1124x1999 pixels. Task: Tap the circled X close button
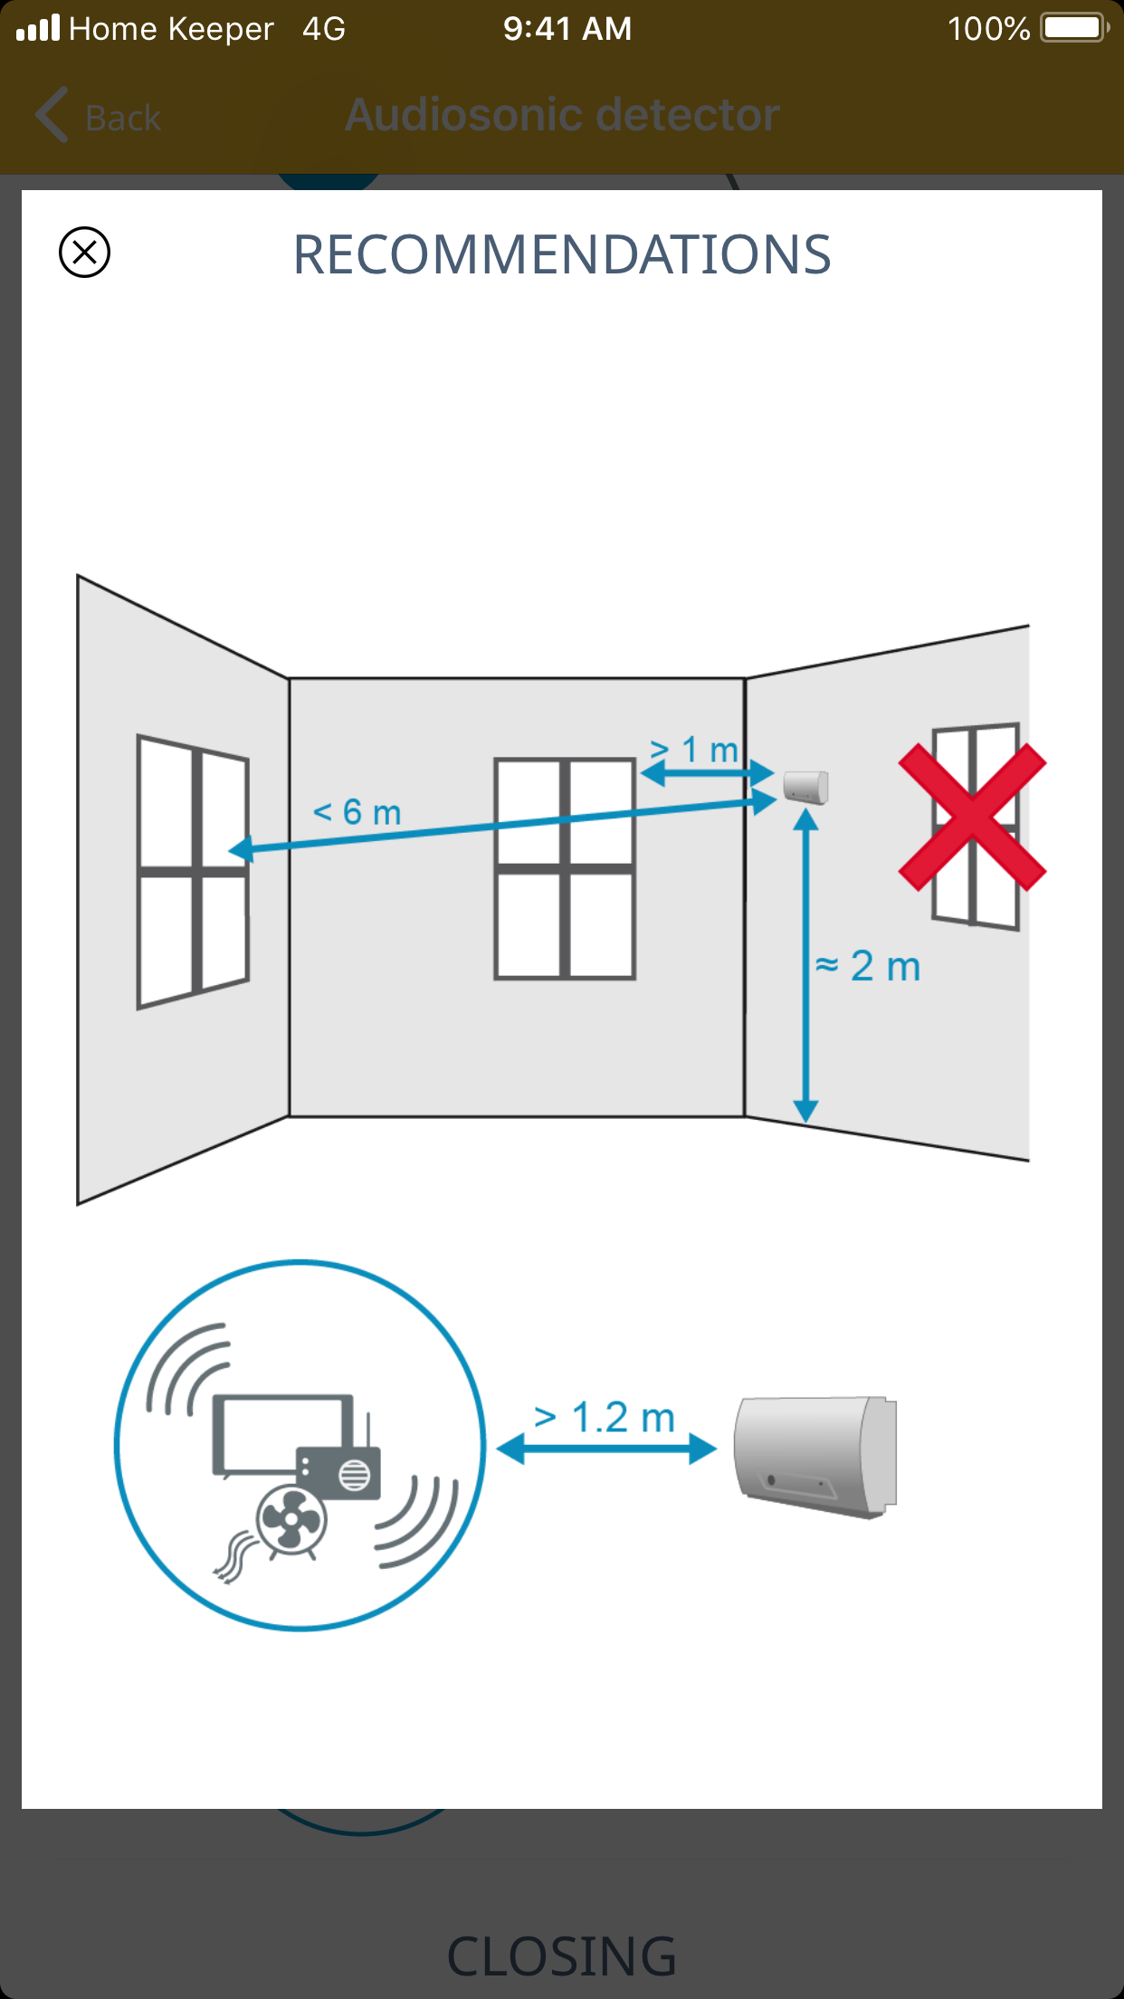tap(84, 252)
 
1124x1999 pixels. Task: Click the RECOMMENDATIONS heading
tap(561, 254)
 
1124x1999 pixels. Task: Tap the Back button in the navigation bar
tap(99, 116)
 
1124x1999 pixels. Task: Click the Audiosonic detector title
tap(562, 115)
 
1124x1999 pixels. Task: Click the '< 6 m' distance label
tap(357, 812)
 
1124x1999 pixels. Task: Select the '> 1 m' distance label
tap(694, 750)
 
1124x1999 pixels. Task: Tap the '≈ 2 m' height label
tap(868, 966)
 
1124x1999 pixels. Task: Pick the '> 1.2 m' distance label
tap(605, 1418)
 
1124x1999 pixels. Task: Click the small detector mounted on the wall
tap(805, 786)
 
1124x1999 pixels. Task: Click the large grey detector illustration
tap(815, 1456)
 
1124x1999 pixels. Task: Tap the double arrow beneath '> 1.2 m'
tap(606, 1449)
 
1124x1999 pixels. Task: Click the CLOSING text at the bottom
tap(562, 1956)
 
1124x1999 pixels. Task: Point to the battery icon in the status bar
tap(1074, 28)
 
